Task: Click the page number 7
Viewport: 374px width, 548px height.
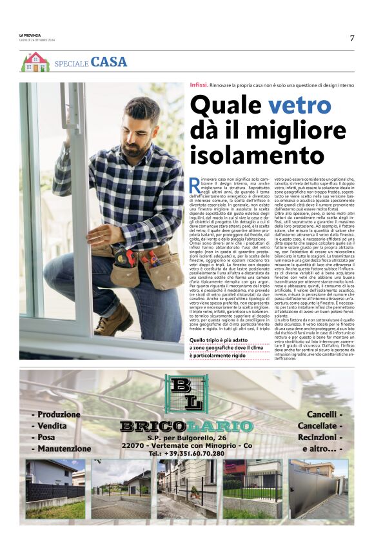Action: pyautogui.click(x=352, y=38)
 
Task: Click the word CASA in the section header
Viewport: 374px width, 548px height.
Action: pyautogui.click(x=109, y=63)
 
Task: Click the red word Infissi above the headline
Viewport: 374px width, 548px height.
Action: pyautogui.click(x=199, y=85)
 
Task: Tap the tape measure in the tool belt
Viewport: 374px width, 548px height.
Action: pyautogui.click(x=128, y=258)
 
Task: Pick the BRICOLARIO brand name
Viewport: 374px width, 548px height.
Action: pyautogui.click(x=186, y=426)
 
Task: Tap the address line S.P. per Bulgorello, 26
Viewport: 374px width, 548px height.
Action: pyautogui.click(x=186, y=438)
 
